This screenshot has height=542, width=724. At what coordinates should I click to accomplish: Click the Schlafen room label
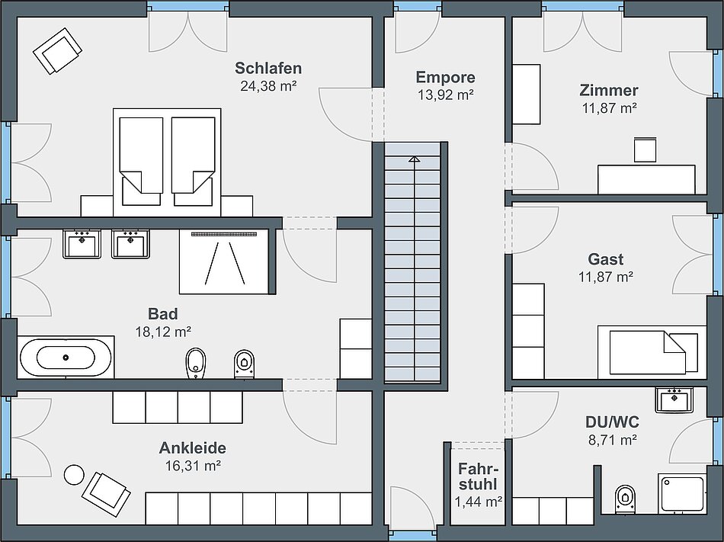(x=268, y=69)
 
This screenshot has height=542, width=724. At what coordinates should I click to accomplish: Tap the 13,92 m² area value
(x=446, y=95)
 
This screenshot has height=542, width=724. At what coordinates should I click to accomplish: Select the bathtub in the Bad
(x=66, y=358)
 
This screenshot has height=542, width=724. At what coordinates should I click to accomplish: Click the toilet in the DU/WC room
(x=625, y=498)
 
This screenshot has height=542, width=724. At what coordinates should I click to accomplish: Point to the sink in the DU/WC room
(x=674, y=399)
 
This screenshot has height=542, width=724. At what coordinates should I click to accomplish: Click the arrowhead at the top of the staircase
(x=414, y=159)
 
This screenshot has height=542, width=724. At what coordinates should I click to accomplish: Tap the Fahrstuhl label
(x=479, y=476)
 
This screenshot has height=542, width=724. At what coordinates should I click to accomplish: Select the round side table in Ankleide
(x=74, y=475)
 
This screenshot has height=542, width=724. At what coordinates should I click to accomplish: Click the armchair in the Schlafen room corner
(x=57, y=50)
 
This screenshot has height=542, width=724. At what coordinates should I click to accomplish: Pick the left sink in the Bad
(x=82, y=244)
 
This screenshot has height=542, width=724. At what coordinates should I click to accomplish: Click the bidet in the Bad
(x=195, y=363)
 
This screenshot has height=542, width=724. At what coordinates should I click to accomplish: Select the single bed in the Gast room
(x=652, y=351)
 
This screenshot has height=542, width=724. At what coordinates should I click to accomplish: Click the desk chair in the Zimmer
(x=645, y=149)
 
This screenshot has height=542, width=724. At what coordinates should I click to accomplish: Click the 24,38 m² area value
(x=268, y=86)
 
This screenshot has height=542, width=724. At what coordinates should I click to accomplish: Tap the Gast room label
(x=606, y=259)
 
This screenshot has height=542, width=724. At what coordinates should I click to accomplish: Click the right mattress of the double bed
(x=194, y=155)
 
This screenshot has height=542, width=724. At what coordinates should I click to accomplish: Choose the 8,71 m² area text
(x=613, y=440)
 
